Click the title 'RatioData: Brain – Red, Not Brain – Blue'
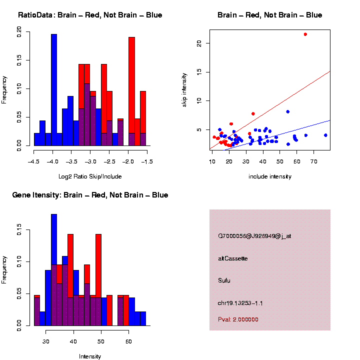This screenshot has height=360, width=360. click(90, 15)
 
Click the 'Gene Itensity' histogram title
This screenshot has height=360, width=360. click(90, 195)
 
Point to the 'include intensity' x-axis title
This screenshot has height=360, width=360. click(270, 176)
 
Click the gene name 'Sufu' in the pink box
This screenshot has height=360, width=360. click(224, 280)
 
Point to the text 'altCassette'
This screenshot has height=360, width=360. click(233, 258)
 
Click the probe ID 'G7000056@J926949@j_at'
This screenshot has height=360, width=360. click(254, 236)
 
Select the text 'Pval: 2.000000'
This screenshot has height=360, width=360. click(238, 319)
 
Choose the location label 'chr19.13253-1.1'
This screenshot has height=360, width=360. click(241, 303)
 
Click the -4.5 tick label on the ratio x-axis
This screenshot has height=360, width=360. click(34, 161)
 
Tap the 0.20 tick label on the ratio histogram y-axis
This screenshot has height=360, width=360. click(20, 32)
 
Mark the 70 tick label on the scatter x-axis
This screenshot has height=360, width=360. click(314, 161)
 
